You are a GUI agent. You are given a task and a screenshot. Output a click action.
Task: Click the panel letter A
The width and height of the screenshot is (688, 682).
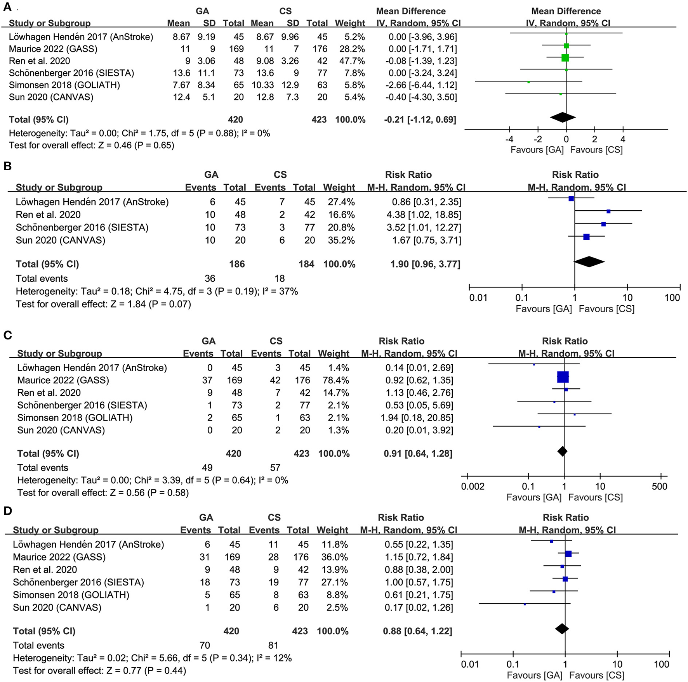[7, 7]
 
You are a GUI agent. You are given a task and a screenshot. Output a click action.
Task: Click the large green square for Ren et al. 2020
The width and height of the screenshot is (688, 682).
[565, 58]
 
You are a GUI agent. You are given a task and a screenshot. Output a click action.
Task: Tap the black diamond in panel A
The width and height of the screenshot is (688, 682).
[563, 117]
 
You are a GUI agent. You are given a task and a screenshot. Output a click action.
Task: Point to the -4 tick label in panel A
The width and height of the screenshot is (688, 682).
[509, 139]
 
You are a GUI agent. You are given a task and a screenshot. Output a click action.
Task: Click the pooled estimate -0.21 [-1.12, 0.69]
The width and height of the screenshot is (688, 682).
[420, 119]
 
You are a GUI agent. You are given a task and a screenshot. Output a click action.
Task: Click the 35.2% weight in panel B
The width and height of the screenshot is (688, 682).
[339, 240]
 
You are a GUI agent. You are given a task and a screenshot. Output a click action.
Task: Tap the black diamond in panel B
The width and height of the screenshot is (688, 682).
[589, 262]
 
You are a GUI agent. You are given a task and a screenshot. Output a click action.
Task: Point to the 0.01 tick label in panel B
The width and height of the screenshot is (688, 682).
[478, 298]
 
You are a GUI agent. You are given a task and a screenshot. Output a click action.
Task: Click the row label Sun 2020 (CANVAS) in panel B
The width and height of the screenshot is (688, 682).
[60, 240]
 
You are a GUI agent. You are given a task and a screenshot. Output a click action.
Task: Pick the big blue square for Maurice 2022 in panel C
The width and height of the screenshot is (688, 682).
[563, 377]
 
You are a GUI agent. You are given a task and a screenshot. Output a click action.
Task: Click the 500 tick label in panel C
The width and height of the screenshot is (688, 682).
[659, 486]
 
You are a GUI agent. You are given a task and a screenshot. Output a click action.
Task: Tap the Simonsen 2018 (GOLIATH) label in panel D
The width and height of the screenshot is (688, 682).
[71, 595]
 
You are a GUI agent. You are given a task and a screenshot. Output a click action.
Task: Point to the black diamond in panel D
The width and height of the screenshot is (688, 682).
[562, 629]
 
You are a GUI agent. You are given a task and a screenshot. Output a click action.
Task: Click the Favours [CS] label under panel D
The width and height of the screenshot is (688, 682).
[597, 675]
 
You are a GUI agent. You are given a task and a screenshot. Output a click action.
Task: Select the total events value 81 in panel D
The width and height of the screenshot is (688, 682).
[273, 645]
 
